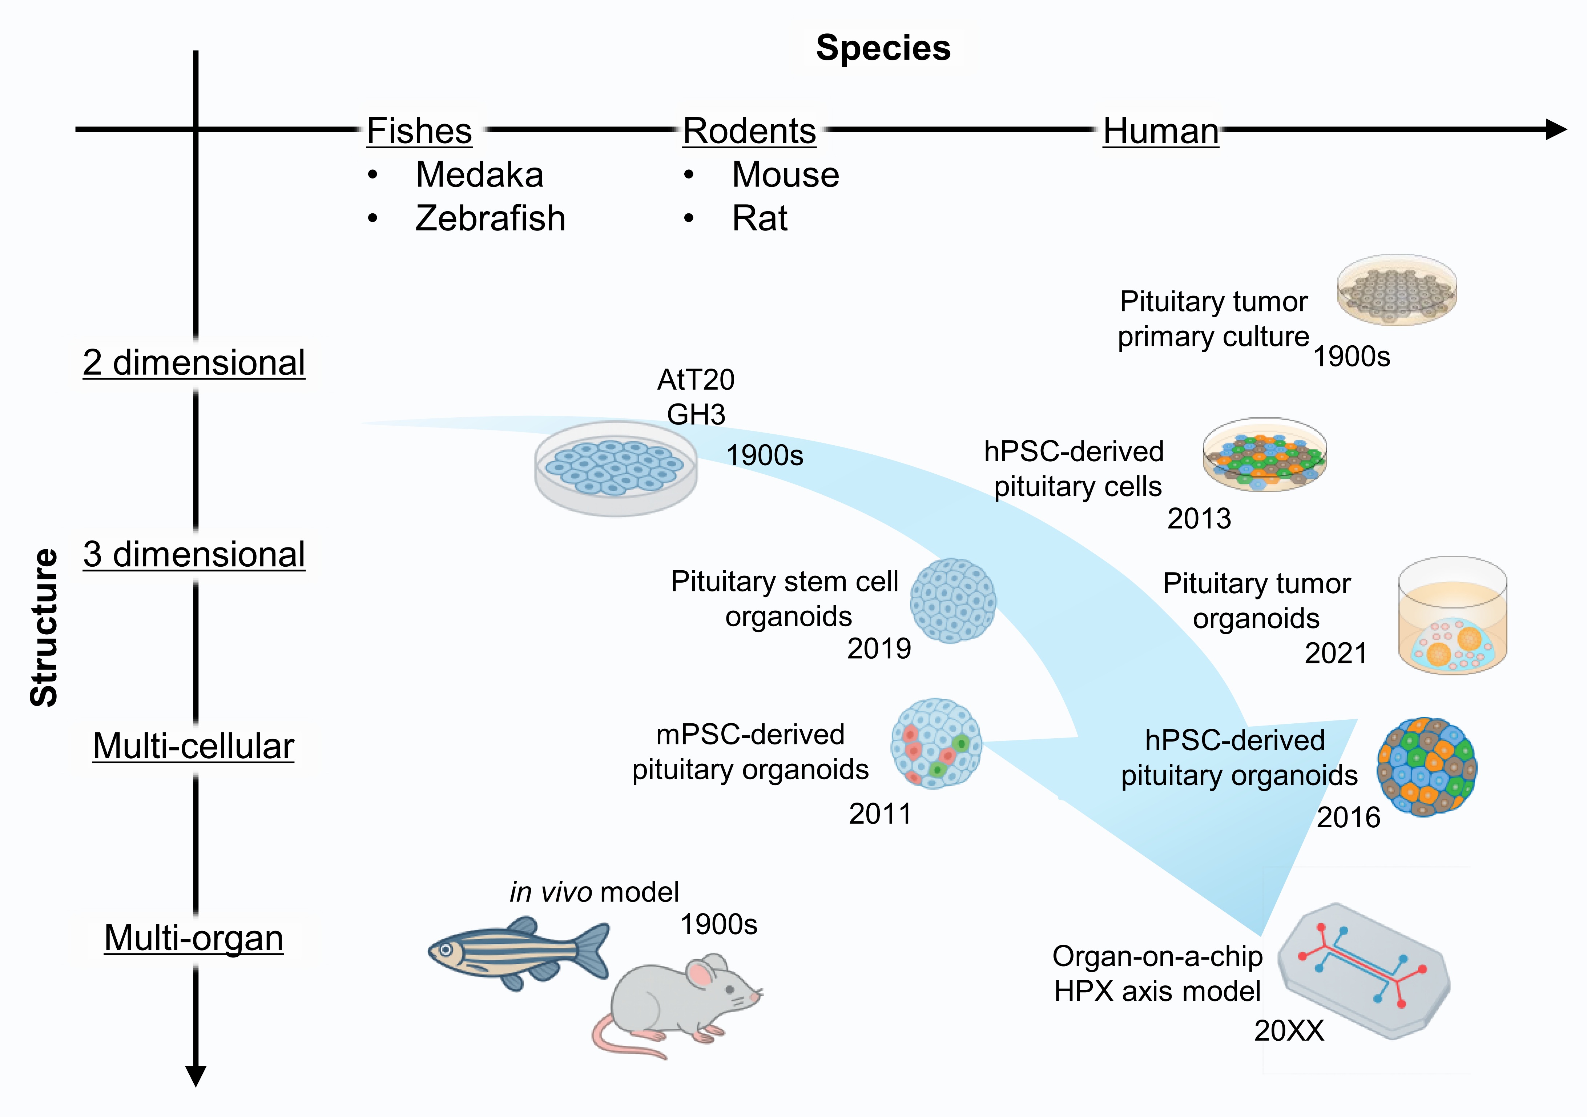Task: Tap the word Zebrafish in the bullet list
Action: pyautogui.click(x=490, y=218)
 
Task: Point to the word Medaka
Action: pyautogui.click(x=479, y=175)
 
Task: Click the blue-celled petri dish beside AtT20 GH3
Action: pyautogui.click(x=616, y=469)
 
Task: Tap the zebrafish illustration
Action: pyautogui.click(x=519, y=952)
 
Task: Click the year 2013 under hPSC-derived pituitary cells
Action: pyautogui.click(x=1199, y=518)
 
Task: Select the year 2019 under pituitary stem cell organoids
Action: pyautogui.click(x=879, y=648)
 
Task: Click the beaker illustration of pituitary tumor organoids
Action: pyautogui.click(x=1452, y=615)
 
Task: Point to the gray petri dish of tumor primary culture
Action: pyautogui.click(x=1397, y=290)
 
